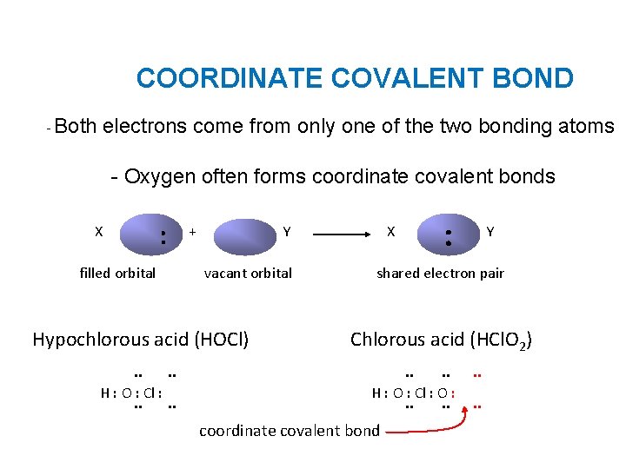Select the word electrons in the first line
point(144,127)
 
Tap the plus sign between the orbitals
point(192,232)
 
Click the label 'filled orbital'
point(117,273)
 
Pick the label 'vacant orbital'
point(248,273)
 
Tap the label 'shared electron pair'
point(440,273)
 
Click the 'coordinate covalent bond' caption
point(290,430)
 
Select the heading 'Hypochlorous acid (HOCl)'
point(140,339)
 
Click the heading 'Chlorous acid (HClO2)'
point(441,340)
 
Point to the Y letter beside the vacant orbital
point(287,232)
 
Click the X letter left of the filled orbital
point(99,232)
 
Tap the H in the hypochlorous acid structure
point(105,392)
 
